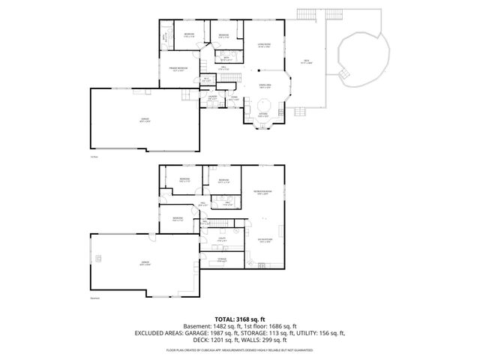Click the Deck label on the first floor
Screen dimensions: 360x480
pos(306,62)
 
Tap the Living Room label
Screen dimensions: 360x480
pos(262,46)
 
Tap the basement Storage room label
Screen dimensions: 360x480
pos(222,259)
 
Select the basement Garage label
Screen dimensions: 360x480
pos(142,263)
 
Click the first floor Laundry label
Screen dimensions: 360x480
pos(212,97)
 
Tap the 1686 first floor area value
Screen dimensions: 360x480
pos(273,326)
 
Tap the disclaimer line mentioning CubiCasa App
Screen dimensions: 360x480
pos(239,349)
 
